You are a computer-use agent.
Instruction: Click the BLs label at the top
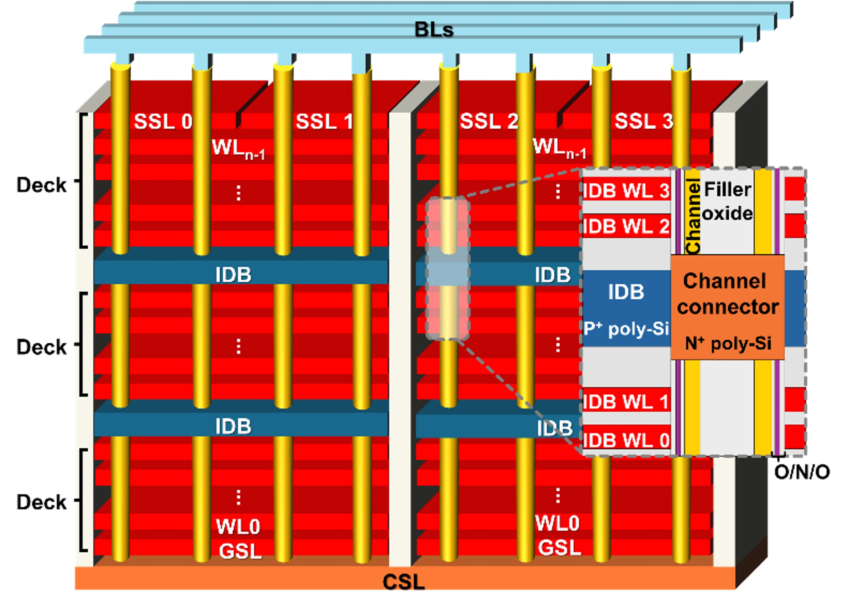[434, 30]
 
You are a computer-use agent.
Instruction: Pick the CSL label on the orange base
[404, 582]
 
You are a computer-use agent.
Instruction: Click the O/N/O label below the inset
[802, 472]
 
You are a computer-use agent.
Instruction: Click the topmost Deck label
[41, 185]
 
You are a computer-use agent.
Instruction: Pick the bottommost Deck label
[41, 502]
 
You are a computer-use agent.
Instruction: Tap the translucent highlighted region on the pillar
[448, 268]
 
